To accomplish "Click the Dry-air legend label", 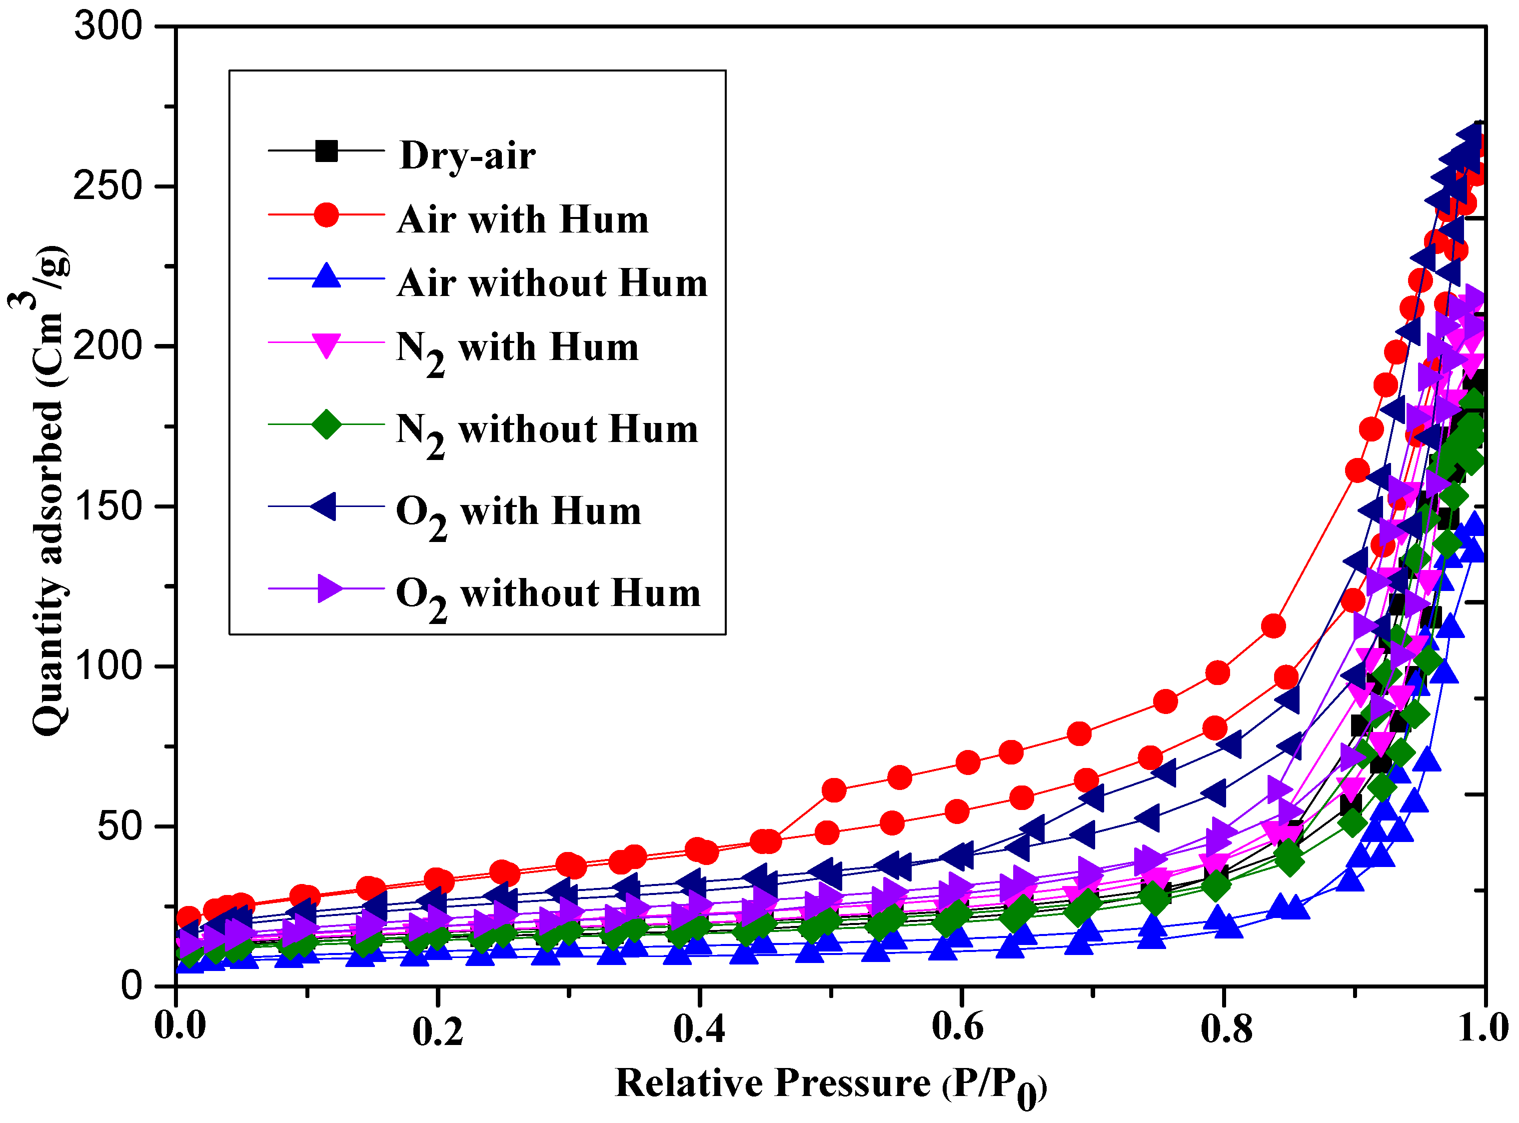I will tap(467, 155).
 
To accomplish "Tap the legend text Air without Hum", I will tap(552, 283).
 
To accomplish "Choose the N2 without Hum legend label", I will tap(547, 431).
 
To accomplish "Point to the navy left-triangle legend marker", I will tap(324, 506).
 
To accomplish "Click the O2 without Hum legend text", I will tap(548, 594).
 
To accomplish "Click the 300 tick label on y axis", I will tap(109, 27).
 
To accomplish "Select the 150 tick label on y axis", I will tap(109, 506).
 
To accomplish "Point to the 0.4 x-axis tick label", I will tap(699, 1028).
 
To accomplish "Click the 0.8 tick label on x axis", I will tap(1226, 1028).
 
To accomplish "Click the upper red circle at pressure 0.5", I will tap(833, 790).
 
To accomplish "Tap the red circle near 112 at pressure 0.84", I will tap(1273, 626).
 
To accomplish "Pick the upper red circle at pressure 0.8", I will tap(1217, 673).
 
